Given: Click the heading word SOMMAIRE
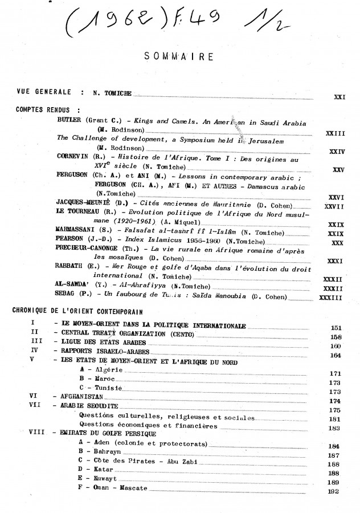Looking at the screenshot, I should pyautogui.click(x=180, y=57).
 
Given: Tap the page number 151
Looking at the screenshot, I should pyautogui.click(x=336, y=328).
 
